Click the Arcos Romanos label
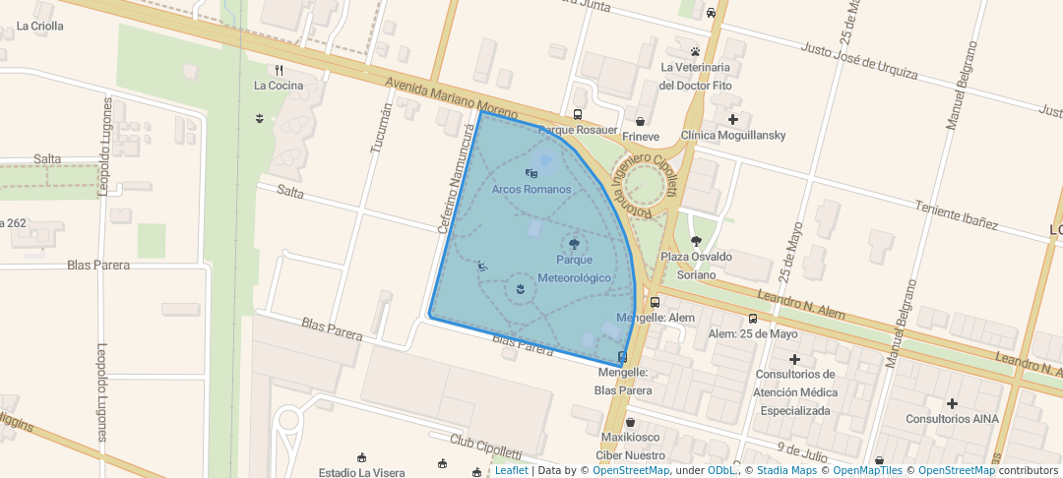pyautogui.click(x=531, y=189)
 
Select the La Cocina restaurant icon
pyautogui.click(x=280, y=70)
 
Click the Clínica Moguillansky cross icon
pyautogui.click(x=732, y=119)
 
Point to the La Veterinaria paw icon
pyautogui.click(x=695, y=51)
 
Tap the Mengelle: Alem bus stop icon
pyautogui.click(x=655, y=302)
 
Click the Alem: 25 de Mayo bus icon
pyautogui.click(x=753, y=318)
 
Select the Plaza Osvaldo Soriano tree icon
pyautogui.click(x=696, y=241)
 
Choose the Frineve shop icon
pyautogui.click(x=640, y=121)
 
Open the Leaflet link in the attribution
pyautogui.click(x=511, y=470)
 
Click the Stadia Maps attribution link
pyautogui.click(x=783, y=470)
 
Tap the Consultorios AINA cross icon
pyautogui.click(x=952, y=403)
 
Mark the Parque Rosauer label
pyautogui.click(x=578, y=130)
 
